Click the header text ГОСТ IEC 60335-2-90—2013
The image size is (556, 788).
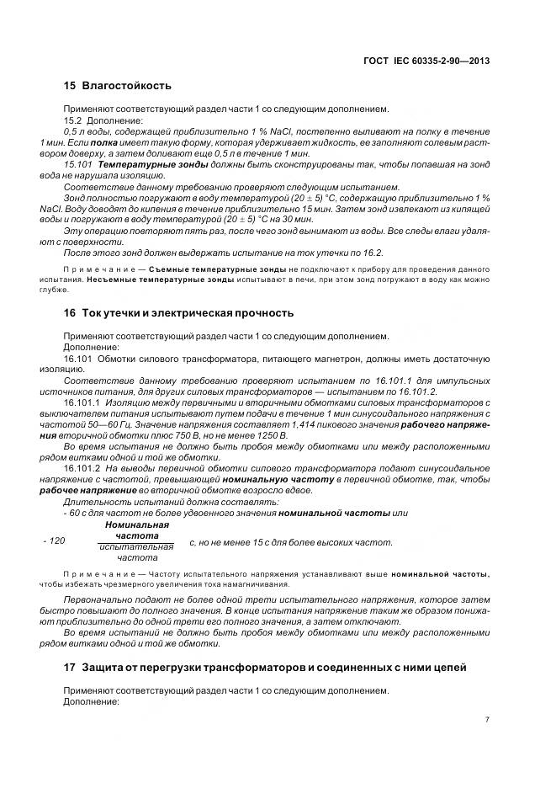pos(429,61)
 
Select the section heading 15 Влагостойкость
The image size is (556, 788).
pos(118,85)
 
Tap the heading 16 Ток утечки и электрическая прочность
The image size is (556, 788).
pos(178,313)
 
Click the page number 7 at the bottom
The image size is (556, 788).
pos(487,720)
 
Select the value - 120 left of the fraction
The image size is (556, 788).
pos(53,542)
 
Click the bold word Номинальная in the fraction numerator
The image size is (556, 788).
pos(136,524)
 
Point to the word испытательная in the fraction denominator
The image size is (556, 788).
pos(136,546)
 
